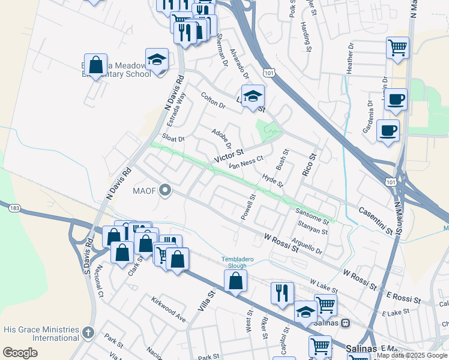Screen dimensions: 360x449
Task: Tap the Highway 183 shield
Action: coord(14,208)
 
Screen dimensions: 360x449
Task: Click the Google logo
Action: coord(20,353)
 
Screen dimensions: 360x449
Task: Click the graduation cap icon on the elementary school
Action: coord(157,59)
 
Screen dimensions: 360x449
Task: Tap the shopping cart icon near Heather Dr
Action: coord(397,47)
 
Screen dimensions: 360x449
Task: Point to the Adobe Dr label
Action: coord(221,138)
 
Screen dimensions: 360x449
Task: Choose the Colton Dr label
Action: coord(212,100)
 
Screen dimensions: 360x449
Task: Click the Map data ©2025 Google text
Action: coord(412,355)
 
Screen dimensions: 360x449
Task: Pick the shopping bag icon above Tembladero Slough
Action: coord(236,280)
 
